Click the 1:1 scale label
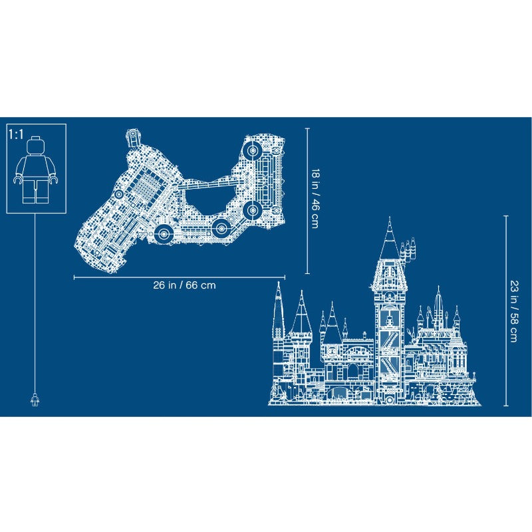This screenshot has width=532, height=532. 16,134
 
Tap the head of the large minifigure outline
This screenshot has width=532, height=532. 36,145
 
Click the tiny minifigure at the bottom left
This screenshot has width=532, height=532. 35,400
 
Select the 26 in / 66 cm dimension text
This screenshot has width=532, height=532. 184,285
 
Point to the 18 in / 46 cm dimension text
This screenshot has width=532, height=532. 315,198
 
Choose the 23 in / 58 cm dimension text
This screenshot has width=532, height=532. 514,311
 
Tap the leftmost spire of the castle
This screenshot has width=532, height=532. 279,305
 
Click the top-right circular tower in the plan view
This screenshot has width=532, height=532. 253,150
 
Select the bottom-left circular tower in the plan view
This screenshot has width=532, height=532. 164,233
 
